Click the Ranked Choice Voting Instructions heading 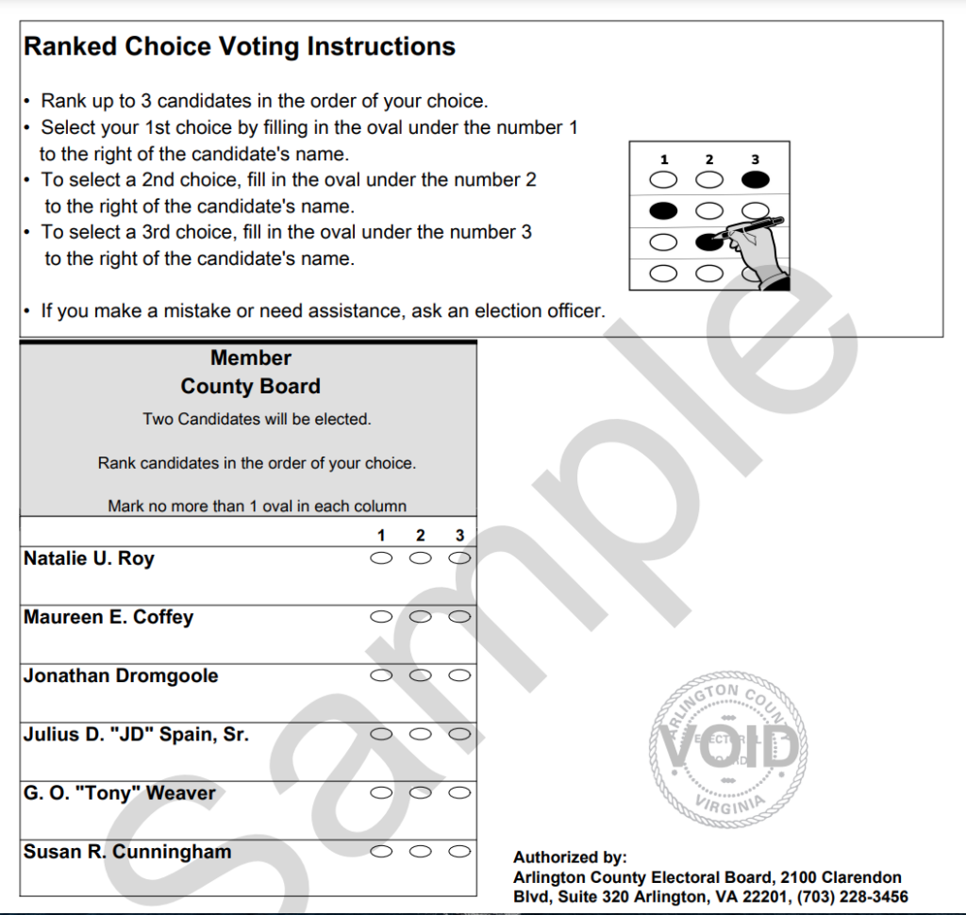pos(240,47)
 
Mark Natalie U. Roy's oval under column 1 pos(381,558)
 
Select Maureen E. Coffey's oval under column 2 pos(421,617)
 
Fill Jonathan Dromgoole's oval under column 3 pos(459,675)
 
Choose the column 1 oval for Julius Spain pos(381,734)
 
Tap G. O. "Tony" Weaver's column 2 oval pos(421,792)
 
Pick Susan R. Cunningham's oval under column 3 pos(459,851)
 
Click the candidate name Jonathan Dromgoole pos(121,676)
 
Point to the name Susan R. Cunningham pos(127,852)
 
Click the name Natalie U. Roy pos(89,558)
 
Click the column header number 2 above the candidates pos(421,536)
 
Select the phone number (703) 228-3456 pos(852,896)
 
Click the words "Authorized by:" pos(570,857)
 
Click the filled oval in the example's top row pos(756,179)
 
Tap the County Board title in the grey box pos(251,387)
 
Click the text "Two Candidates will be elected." pos(257,419)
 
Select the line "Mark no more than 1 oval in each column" pos(257,507)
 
